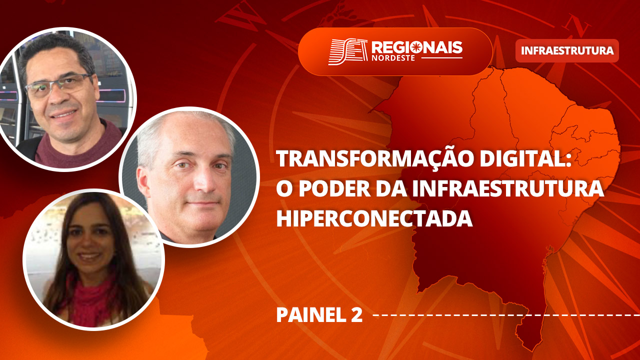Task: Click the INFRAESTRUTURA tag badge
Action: [x=567, y=50]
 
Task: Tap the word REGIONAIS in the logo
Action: [x=417, y=47]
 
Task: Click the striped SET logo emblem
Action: [x=347, y=51]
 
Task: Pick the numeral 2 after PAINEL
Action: [x=356, y=315]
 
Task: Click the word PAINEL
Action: [x=311, y=315]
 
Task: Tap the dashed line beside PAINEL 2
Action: [x=506, y=315]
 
